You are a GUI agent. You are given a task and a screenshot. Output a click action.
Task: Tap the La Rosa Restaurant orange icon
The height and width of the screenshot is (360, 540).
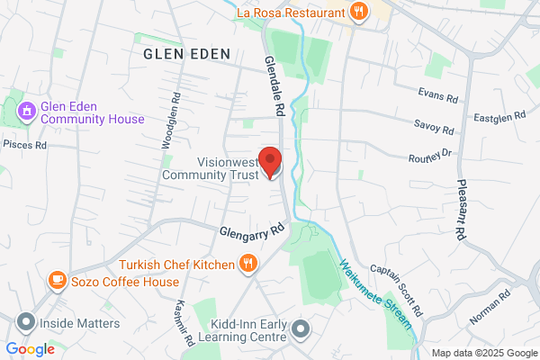(358, 13)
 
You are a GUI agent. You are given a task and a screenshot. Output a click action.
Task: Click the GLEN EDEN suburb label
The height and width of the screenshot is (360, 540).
(186, 54)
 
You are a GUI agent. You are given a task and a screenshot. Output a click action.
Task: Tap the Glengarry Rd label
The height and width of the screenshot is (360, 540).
(252, 230)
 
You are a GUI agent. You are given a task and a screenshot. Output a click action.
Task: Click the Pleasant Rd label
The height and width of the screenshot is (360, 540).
(459, 208)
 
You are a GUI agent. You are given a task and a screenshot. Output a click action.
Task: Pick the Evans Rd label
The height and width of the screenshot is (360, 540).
(438, 93)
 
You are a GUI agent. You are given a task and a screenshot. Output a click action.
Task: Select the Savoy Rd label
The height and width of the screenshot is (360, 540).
(434, 126)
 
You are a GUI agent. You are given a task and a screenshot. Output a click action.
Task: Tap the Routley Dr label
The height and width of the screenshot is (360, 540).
(428, 156)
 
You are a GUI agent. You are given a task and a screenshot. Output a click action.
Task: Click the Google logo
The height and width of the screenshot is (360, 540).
(31, 348)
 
